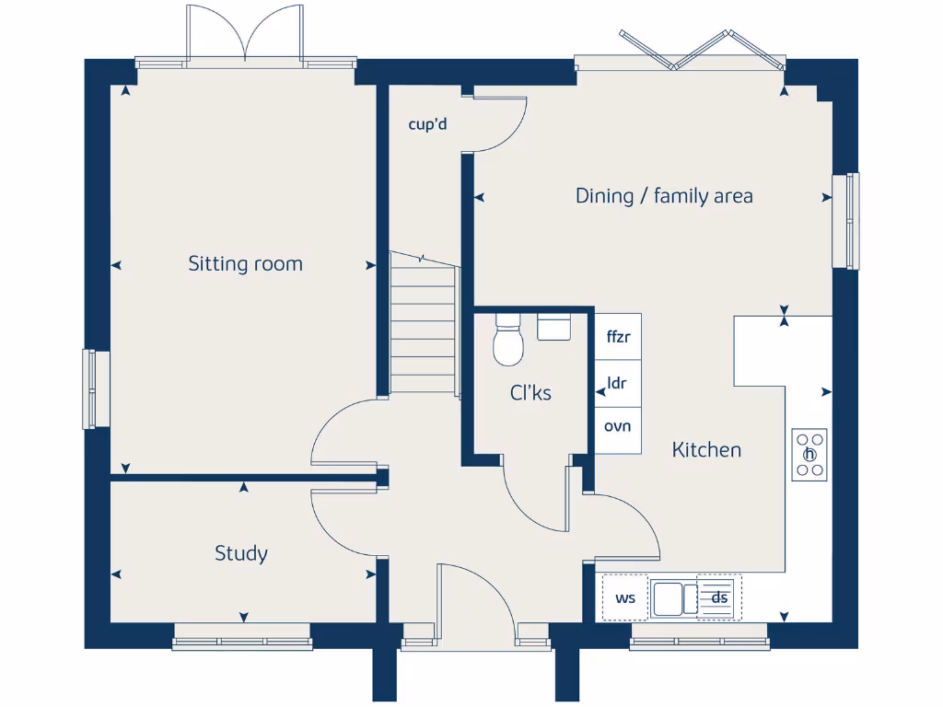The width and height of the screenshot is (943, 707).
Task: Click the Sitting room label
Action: tap(245, 264)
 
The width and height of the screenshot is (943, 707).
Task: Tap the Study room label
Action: tap(241, 553)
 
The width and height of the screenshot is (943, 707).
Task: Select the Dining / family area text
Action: tap(664, 195)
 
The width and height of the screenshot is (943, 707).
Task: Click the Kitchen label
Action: tap(706, 450)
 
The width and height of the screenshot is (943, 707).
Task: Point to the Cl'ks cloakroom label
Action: tap(530, 393)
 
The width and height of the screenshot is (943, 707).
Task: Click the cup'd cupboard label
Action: tap(427, 124)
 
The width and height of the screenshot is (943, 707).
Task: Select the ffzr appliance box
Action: tap(618, 337)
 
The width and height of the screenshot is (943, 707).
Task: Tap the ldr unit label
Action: tap(618, 383)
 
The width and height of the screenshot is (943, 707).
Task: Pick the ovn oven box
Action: tap(618, 427)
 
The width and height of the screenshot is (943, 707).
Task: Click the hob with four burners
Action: tap(809, 455)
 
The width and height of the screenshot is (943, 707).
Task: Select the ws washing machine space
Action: tap(625, 597)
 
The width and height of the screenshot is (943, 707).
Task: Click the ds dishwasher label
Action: tap(719, 597)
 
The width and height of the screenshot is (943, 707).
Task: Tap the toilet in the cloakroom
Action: tap(508, 342)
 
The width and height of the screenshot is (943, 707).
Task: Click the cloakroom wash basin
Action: tap(553, 327)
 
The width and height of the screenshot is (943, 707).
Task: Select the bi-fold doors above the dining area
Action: tap(703, 51)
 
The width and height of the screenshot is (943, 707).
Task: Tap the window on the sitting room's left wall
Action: tap(91, 388)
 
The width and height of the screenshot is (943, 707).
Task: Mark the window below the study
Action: tap(242, 638)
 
